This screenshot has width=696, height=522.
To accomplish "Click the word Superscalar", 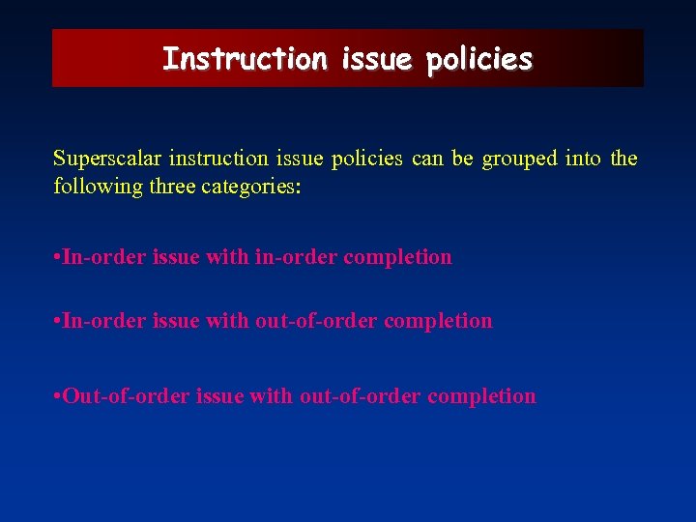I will tap(107, 159).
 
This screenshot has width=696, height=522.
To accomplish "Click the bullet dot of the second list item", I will tap(57, 321).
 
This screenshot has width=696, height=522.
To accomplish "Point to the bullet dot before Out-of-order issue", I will tap(57, 396).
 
